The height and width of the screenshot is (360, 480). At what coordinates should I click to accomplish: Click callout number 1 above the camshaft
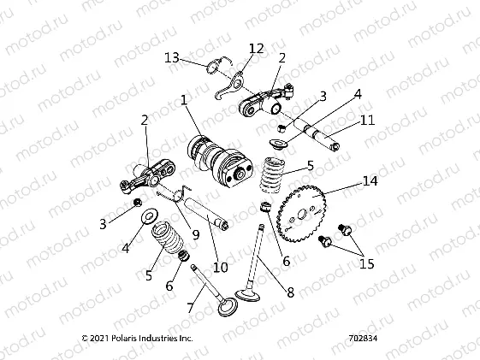click(183, 100)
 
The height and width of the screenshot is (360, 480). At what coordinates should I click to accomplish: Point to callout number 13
click(172, 58)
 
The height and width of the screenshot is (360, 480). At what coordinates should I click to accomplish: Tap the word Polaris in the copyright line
click(132, 339)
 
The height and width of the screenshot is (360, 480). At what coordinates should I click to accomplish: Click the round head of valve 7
click(228, 306)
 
